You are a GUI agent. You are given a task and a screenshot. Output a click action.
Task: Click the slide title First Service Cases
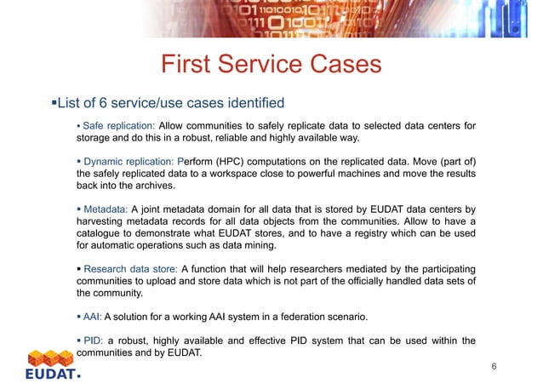click(271, 65)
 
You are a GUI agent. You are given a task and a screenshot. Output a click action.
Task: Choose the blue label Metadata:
click(106, 208)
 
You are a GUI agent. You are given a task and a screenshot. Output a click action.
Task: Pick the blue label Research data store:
click(129, 269)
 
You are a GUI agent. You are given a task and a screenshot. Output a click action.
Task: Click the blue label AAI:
click(93, 318)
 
